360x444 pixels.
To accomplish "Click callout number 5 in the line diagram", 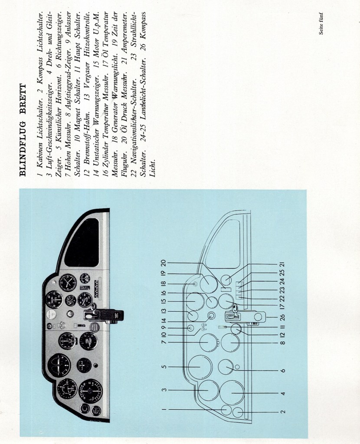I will tap(164, 367).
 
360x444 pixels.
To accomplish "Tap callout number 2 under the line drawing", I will tap(283, 411).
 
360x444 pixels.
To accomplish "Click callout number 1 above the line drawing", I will tap(164, 409).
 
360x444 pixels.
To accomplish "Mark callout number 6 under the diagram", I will tap(283, 371).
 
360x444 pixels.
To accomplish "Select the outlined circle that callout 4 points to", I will tap(232, 392).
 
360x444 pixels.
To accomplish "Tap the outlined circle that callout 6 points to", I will tap(226, 367).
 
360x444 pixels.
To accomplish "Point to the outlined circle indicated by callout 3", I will tap(208, 390).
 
